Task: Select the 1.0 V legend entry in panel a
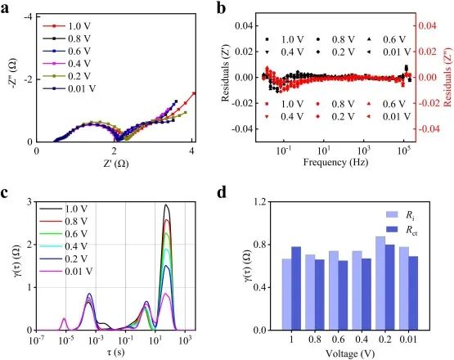[x=65, y=26]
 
